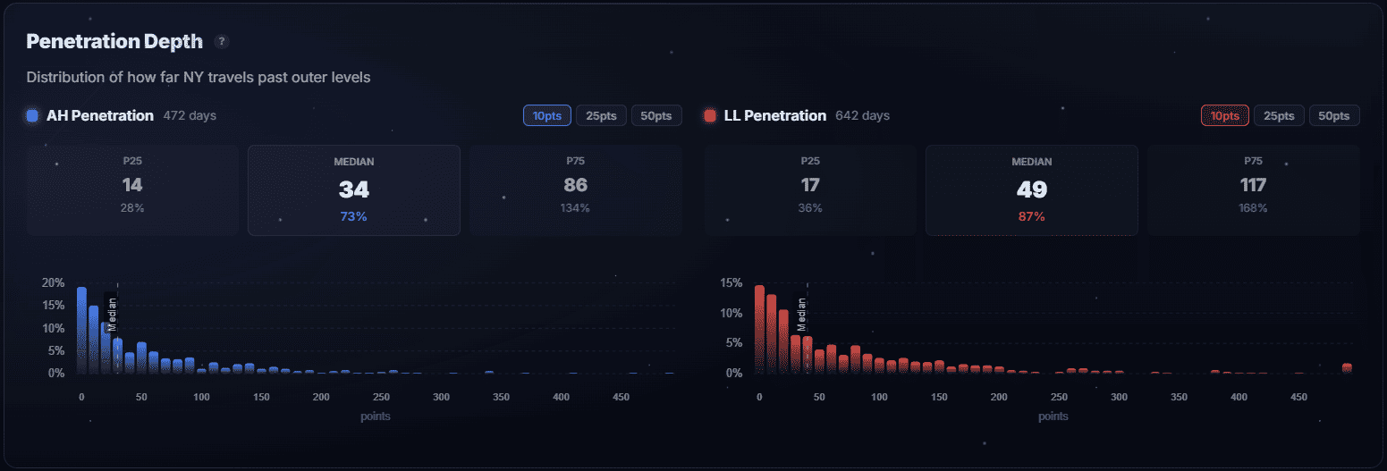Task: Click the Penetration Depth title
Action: tap(114, 41)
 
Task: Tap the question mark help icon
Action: tap(222, 41)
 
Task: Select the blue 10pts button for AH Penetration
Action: tap(546, 116)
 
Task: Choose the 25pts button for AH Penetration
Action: tap(601, 116)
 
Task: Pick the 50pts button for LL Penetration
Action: tap(1334, 116)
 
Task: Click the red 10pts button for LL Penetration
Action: tap(1224, 116)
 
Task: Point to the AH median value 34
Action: tap(353, 189)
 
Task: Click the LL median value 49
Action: tap(1031, 189)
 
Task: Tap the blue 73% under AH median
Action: tap(353, 217)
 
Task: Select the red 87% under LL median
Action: tap(1031, 217)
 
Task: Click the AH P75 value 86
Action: tap(575, 185)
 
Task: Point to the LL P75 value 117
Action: tap(1253, 185)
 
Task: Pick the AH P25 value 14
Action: tap(132, 185)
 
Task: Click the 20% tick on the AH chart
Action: tap(53, 282)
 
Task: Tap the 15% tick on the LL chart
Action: tap(732, 282)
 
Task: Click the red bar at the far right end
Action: tap(1347, 367)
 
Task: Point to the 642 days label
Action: tap(862, 116)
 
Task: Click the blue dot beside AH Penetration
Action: tap(33, 116)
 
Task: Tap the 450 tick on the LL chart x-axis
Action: tap(1298, 397)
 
